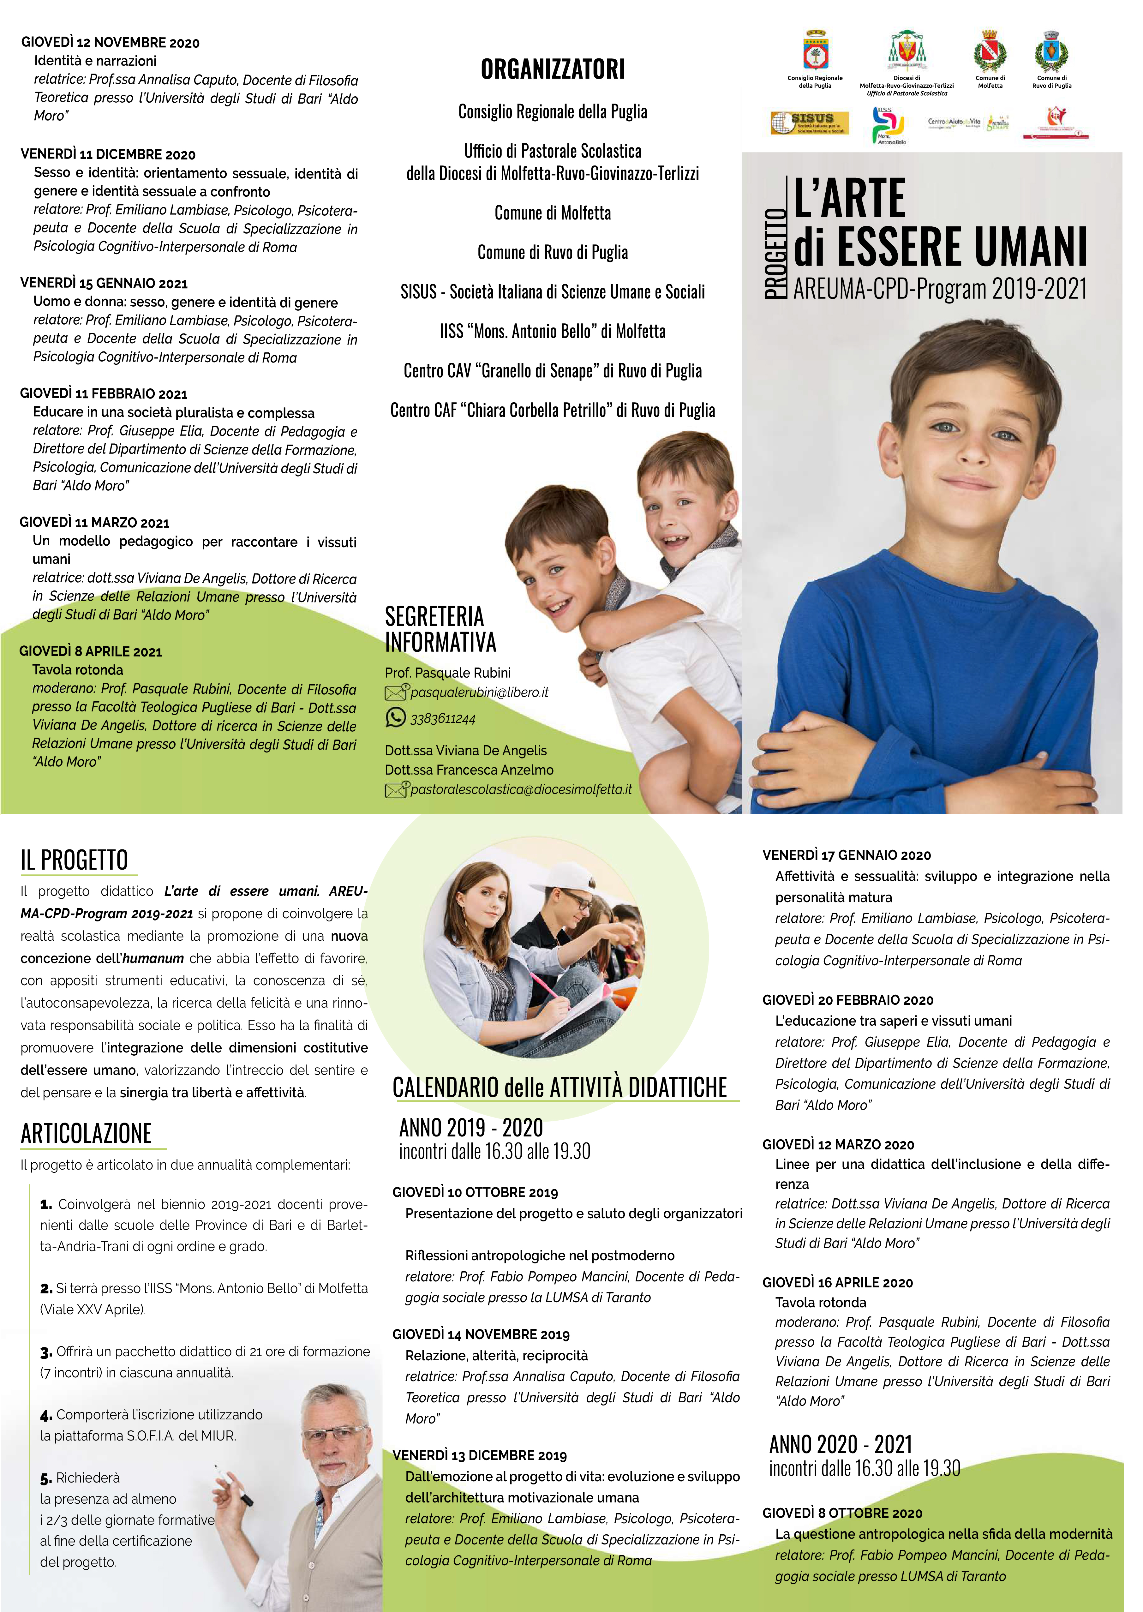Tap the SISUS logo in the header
[809, 123]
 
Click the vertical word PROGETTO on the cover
[775, 254]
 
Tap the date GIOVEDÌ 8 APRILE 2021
[91, 652]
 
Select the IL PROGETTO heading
[74, 860]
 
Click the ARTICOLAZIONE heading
[86, 1133]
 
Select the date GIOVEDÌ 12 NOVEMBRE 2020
[111, 43]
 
